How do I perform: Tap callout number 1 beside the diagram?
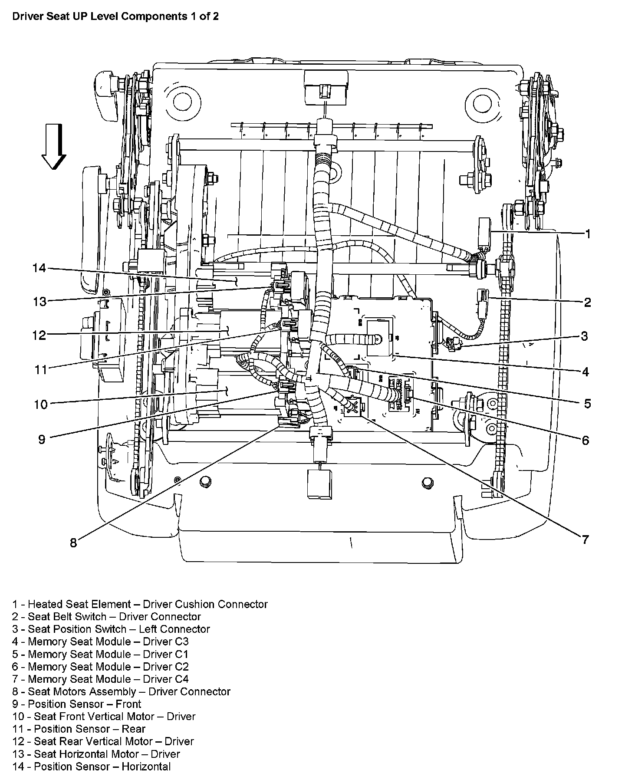click(588, 234)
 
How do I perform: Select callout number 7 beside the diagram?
click(585, 540)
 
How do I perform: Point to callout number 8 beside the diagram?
click(73, 543)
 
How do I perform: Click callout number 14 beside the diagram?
click(39, 268)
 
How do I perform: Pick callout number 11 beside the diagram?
click(40, 369)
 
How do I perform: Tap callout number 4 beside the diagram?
click(585, 372)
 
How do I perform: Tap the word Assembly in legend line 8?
click(115, 692)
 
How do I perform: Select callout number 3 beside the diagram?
click(585, 336)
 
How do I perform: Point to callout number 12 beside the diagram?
click(39, 336)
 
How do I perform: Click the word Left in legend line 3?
click(147, 629)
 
